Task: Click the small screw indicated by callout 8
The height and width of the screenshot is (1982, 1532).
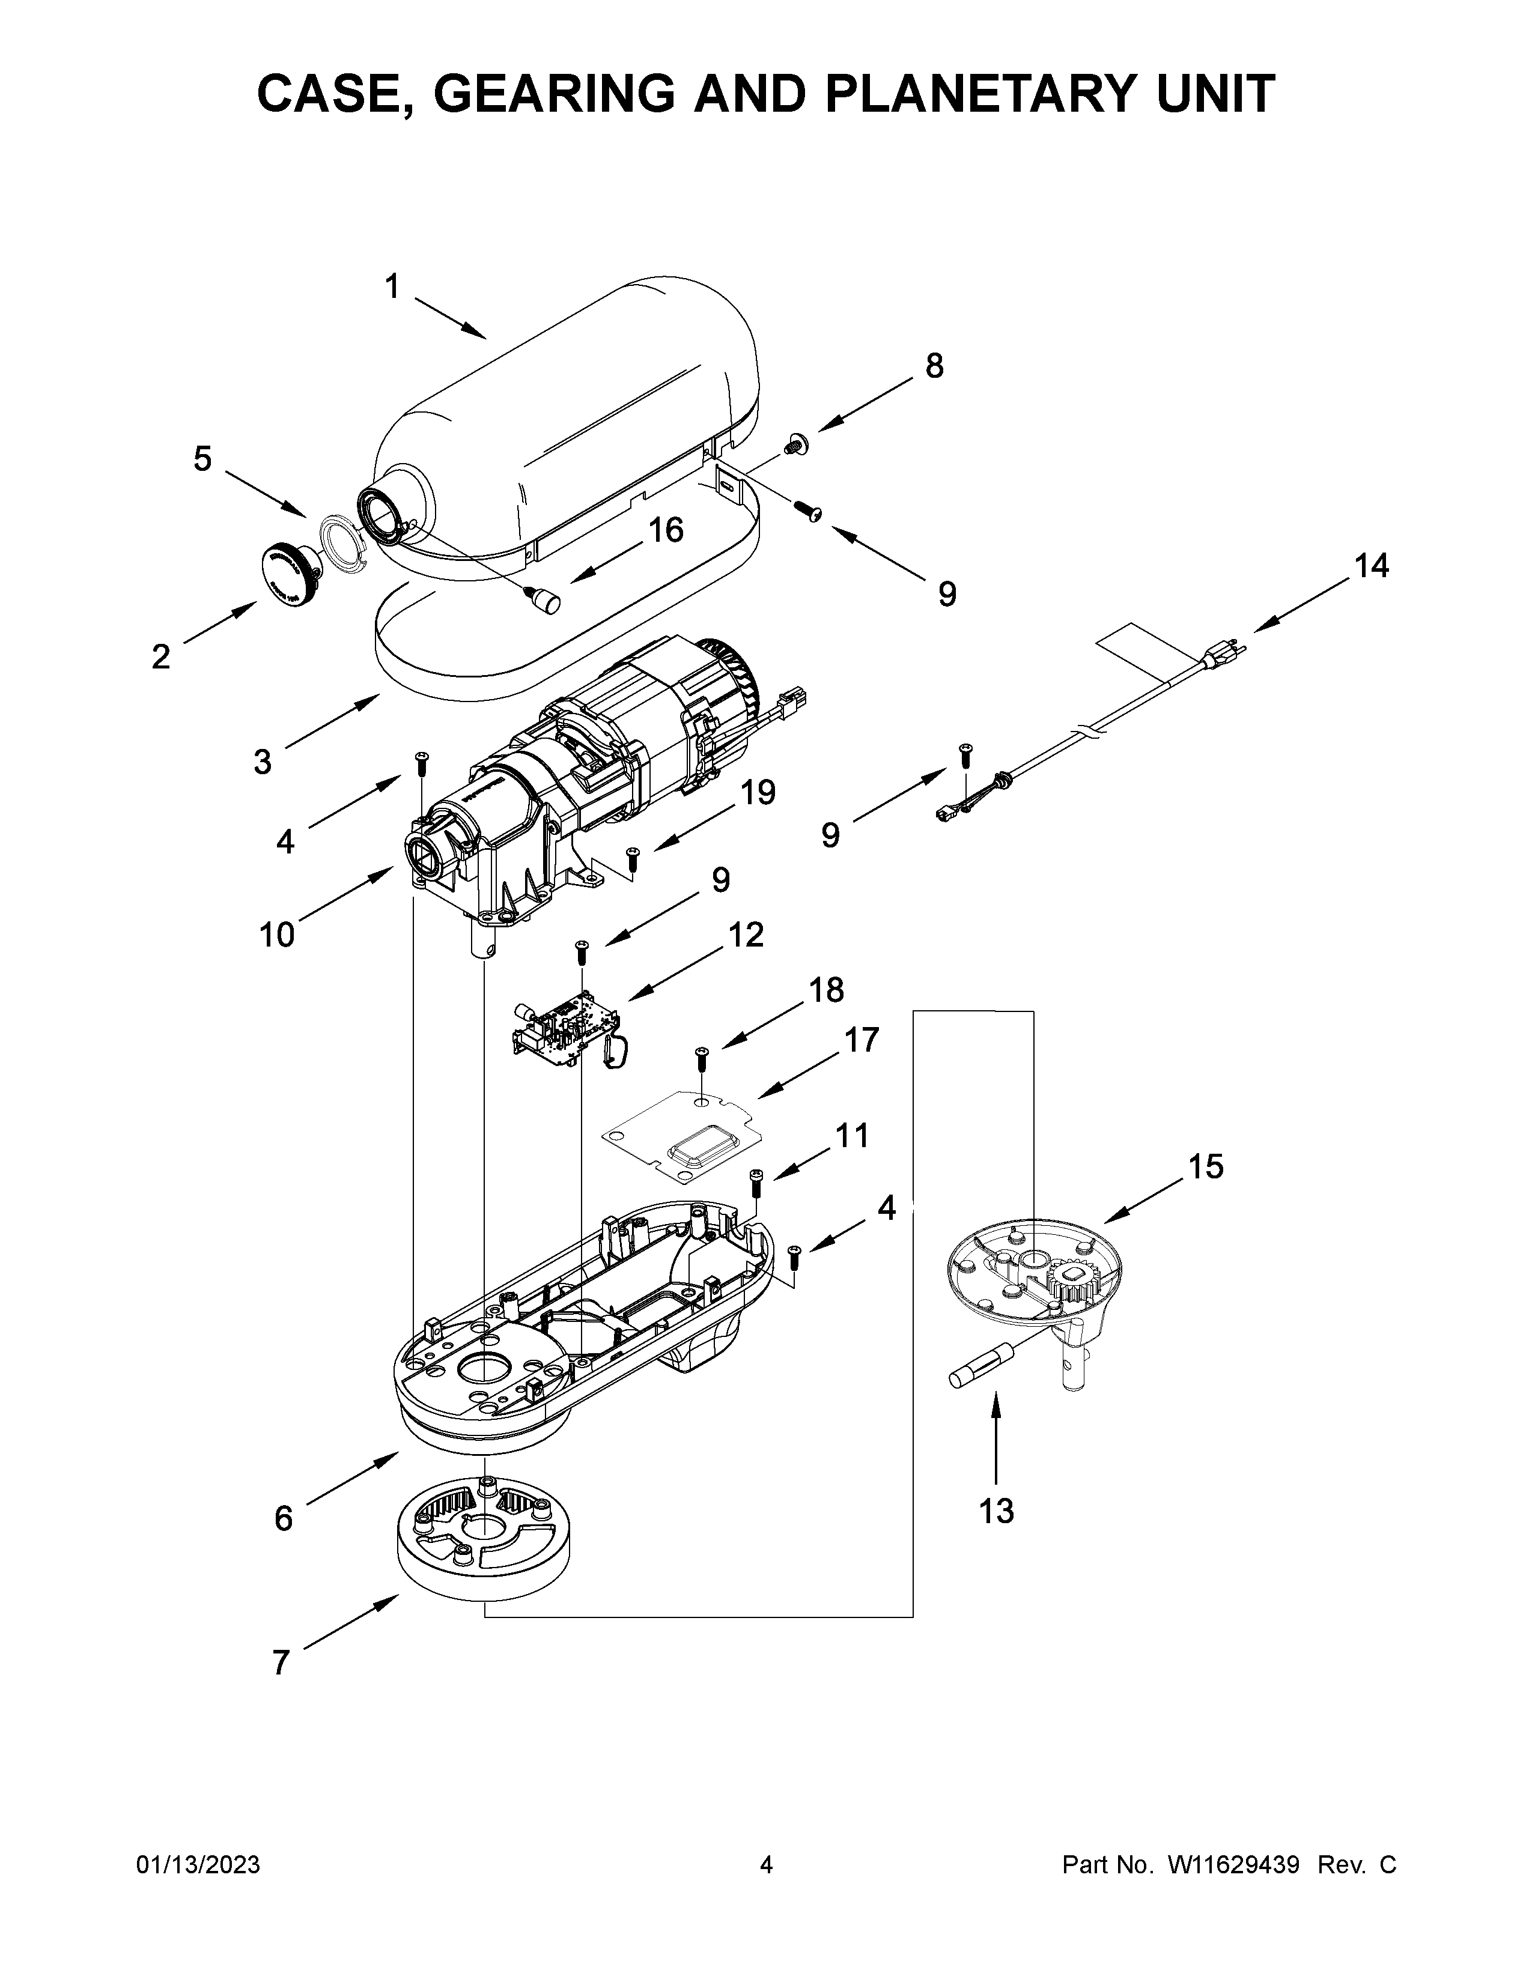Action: pyautogui.click(x=797, y=444)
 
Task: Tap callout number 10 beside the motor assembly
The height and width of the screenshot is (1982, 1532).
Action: pyautogui.click(x=277, y=934)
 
